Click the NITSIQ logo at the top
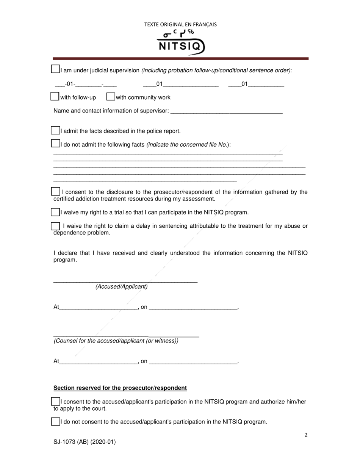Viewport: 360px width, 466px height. pyautogui.click(x=181, y=42)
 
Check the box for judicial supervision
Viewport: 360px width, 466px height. pyautogui.click(x=55, y=69)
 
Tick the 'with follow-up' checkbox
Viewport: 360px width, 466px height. pyautogui.click(x=55, y=97)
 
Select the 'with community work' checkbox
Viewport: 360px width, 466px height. pyautogui.click(x=111, y=97)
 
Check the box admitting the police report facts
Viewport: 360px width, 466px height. pyautogui.click(x=55, y=130)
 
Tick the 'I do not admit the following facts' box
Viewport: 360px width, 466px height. pyautogui.click(x=55, y=144)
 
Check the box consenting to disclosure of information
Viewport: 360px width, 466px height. pyautogui.click(x=55, y=192)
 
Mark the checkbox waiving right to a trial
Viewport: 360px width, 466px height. pyautogui.click(x=55, y=212)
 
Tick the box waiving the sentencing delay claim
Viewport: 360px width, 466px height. pyautogui.click(x=55, y=226)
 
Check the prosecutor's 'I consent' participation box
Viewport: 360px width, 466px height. pyautogui.click(x=55, y=401)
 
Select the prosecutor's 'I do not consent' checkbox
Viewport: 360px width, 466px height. pyautogui.click(x=55, y=421)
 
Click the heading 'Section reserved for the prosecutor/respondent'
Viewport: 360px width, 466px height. pyautogui.click(x=120, y=388)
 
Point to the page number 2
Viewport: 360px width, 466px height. pyautogui.click(x=306, y=435)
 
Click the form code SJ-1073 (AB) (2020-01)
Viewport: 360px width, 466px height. pyautogui.click(x=85, y=442)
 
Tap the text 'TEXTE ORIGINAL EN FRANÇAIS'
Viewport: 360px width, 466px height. pyautogui.click(x=180, y=25)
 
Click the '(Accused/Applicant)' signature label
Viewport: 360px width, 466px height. pyautogui.click(x=121, y=287)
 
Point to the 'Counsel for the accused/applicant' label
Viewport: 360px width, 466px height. pyautogui.click(x=116, y=341)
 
